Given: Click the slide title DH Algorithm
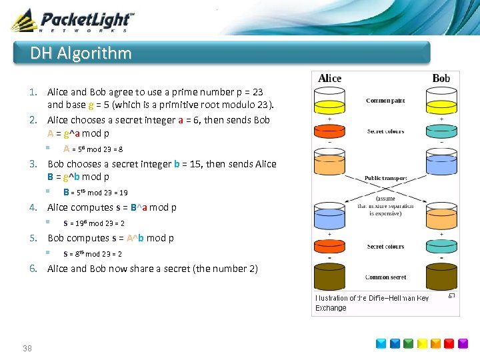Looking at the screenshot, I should (x=81, y=53).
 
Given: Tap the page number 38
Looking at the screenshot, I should (x=27, y=348).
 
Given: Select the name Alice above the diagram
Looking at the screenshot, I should (x=330, y=79).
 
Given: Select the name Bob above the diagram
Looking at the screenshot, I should (x=441, y=79).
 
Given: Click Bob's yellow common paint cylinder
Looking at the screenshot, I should (x=441, y=107).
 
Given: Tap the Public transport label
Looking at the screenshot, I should (x=385, y=179).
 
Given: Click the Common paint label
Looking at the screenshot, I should (x=385, y=101).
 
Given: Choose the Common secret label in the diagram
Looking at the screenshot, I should (x=385, y=277).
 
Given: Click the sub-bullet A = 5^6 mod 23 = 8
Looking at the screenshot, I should (x=93, y=149).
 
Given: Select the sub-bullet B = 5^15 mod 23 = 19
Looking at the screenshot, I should (x=95, y=193).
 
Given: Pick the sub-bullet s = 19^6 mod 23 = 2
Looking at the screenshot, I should (x=94, y=223).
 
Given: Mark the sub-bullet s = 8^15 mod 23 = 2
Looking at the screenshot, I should (x=93, y=254).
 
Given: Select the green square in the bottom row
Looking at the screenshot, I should (x=409, y=344).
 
